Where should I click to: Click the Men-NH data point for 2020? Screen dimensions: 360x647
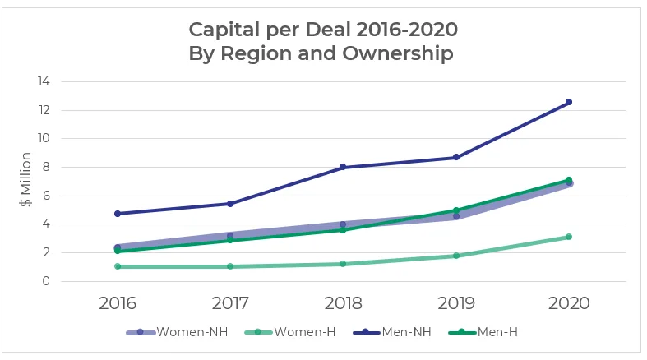[x=568, y=102]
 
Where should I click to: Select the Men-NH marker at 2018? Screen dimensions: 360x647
[x=343, y=167]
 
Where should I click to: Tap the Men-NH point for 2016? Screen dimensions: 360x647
[x=118, y=214]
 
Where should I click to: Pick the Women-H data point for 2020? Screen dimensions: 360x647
[x=568, y=237]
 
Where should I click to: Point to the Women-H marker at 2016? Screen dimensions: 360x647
[x=118, y=266]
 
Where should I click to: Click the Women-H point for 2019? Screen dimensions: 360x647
[x=455, y=256]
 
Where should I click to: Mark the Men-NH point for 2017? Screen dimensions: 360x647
[x=230, y=204]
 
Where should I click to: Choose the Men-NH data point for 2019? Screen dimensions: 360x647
[x=455, y=157]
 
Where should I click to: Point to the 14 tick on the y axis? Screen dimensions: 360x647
[x=43, y=82]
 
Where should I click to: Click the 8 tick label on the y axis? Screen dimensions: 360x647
[x=46, y=167]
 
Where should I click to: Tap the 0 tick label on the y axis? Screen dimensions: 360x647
[x=46, y=281]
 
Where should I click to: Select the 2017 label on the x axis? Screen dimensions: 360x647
[x=230, y=302]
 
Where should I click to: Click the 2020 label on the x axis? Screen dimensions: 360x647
[x=568, y=302]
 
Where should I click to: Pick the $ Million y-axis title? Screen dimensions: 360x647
[x=26, y=181]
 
